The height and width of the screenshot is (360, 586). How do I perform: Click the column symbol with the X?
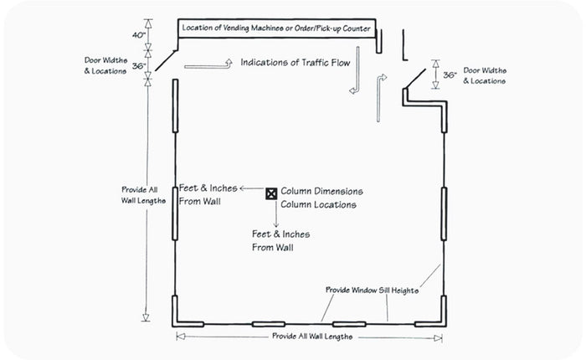(x=271, y=193)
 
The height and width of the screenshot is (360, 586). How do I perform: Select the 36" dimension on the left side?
(x=139, y=65)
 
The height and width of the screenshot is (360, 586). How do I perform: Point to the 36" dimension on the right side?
(x=449, y=75)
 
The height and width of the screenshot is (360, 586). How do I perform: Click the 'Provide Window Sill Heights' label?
(x=372, y=290)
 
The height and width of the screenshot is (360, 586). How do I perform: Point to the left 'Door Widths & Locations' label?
(x=105, y=65)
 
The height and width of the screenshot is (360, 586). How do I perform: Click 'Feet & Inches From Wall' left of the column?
(x=208, y=194)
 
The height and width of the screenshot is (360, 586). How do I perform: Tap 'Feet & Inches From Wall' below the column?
(x=277, y=241)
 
